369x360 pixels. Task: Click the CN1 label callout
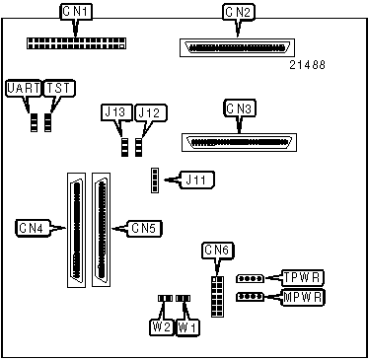(76, 12)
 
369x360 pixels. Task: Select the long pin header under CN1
(76, 43)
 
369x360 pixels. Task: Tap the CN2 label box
(239, 13)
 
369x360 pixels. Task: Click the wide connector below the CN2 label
(237, 48)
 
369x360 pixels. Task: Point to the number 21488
(307, 65)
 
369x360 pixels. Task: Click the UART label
(24, 89)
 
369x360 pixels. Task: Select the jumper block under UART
(34, 122)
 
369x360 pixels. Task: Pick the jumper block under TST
(48, 122)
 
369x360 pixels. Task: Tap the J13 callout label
(115, 112)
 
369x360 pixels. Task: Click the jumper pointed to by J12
(139, 147)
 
